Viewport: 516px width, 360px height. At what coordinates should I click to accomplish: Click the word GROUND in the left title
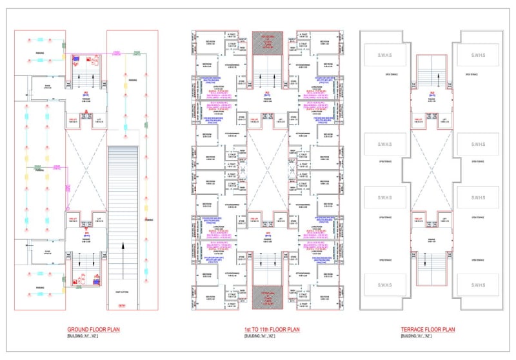[79, 330]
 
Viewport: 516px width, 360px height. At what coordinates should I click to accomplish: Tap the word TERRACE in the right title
[411, 330]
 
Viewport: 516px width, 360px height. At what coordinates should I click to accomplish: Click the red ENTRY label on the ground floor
[122, 305]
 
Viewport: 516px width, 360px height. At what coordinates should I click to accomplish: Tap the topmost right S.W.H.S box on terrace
[478, 54]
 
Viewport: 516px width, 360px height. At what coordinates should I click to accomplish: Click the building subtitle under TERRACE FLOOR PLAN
[416, 337]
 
